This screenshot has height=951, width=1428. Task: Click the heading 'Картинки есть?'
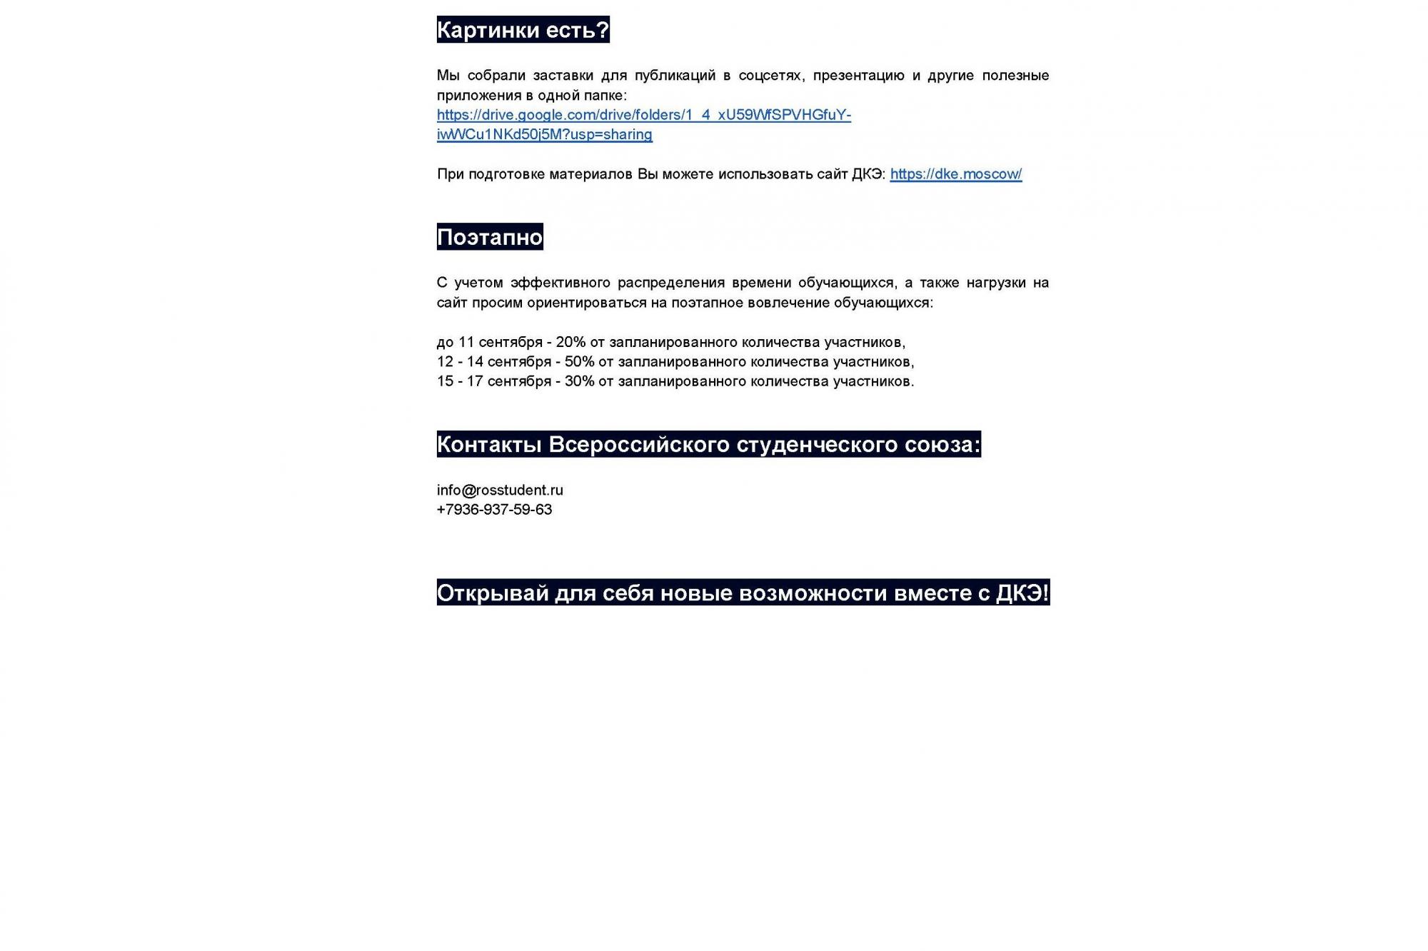[x=523, y=30]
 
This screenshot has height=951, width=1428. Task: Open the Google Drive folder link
[x=643, y=115]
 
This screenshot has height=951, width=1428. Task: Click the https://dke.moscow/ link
[x=955, y=174]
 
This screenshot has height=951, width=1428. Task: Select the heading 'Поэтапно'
[x=490, y=237]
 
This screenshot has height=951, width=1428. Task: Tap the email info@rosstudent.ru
[x=500, y=490]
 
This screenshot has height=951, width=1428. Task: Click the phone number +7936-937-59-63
[x=494, y=510]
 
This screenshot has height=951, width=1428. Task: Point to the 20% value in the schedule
[x=570, y=343]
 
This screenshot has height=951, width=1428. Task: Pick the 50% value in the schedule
[x=579, y=362]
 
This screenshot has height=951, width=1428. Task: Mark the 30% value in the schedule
[x=579, y=381]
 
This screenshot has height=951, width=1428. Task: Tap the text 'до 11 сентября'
[x=490, y=343]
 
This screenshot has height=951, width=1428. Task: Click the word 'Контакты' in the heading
[x=489, y=445]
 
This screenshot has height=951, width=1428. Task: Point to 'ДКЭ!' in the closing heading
[x=1022, y=593]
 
